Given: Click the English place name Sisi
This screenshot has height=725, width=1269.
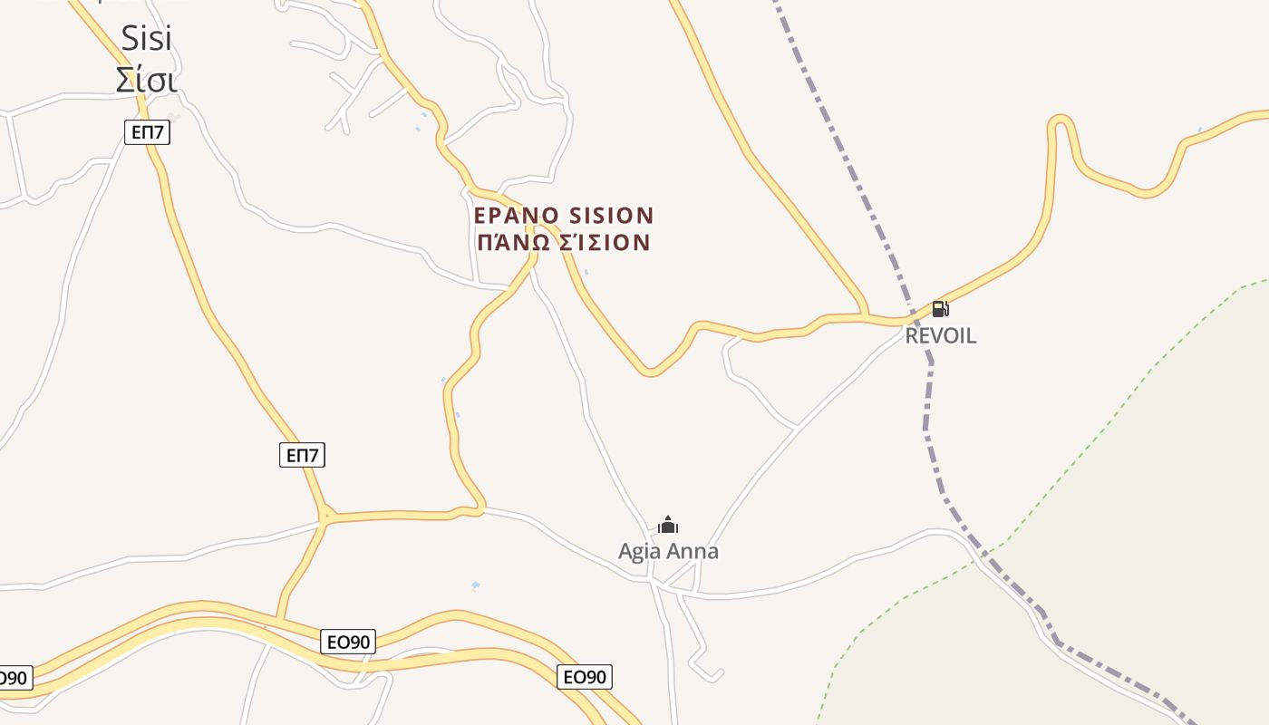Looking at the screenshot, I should tap(146, 38).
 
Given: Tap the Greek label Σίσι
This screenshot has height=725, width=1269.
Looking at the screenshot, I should tap(146, 79).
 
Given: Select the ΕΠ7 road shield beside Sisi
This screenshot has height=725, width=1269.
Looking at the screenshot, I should tap(147, 132).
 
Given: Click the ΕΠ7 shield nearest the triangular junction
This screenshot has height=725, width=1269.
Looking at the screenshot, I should tap(302, 455).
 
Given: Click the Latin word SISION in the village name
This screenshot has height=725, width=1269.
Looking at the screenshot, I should tap(611, 216).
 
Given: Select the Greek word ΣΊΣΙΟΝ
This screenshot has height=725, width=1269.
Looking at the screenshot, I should tap(610, 243).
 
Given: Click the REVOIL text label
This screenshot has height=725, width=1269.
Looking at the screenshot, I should tap(941, 335).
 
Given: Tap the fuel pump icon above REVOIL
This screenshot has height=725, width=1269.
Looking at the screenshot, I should tap(940, 309).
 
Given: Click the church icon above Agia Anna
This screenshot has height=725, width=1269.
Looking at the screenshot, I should tap(668, 525).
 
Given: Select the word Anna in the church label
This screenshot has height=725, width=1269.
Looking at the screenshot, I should tap(693, 551).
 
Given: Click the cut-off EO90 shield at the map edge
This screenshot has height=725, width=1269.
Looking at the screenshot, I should tap(13, 678).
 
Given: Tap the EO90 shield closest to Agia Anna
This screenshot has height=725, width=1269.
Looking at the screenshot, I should tap(585, 677).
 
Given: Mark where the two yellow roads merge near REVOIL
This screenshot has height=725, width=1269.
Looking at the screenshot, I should tap(867, 317).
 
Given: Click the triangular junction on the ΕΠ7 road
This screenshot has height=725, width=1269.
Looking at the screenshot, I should tap(325, 517).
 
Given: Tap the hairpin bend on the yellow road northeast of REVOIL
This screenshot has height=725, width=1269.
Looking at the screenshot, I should tap(1061, 121).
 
